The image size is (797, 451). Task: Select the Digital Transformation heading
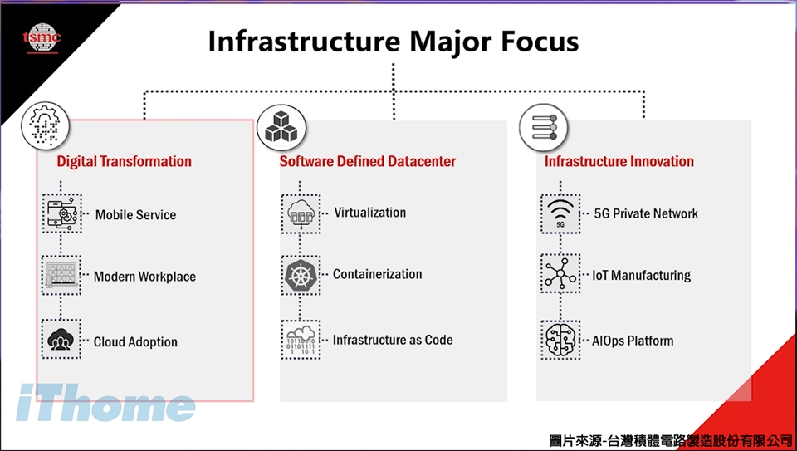[124, 161]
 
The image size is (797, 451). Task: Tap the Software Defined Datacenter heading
[367, 161]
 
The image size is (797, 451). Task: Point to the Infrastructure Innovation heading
[619, 161]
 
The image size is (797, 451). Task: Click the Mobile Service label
[135, 214]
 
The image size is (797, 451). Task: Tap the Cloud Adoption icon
[61, 341]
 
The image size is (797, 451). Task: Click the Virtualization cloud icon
[301, 213]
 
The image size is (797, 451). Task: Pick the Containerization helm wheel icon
[301, 275]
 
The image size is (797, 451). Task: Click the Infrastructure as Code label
[393, 340]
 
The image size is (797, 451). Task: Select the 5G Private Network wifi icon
[560, 213]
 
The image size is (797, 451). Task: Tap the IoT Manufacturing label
[641, 275]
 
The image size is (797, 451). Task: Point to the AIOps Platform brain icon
[560, 340]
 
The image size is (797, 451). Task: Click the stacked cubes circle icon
[281, 127]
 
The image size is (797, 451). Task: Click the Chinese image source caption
[670, 440]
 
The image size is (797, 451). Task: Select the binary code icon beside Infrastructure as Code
[301, 340]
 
